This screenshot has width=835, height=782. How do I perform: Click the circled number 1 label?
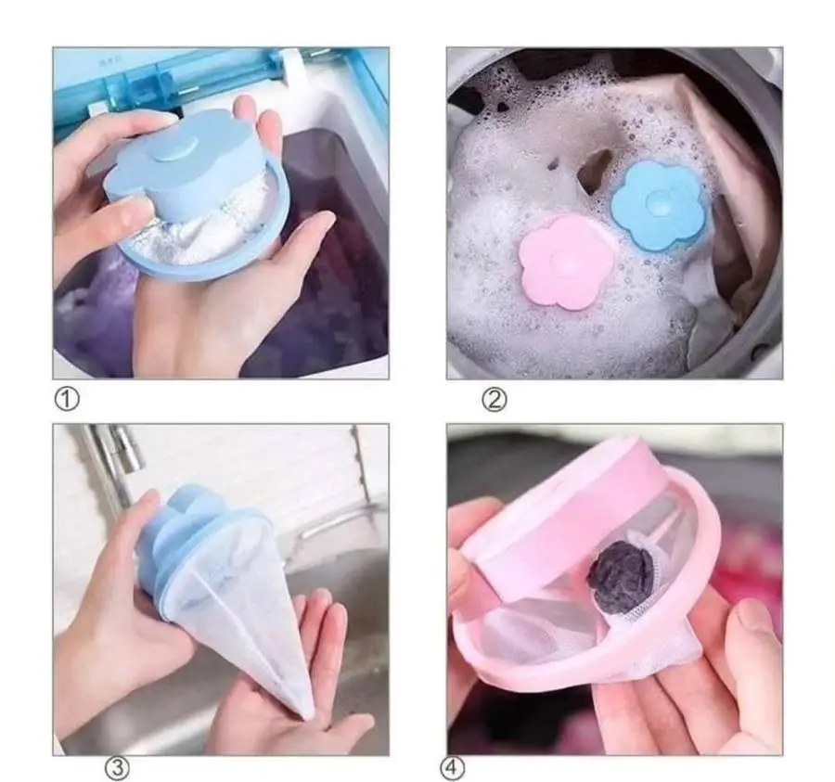[67, 399]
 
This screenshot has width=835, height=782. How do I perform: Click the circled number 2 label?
[495, 399]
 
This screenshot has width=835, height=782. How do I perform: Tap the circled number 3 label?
[117, 768]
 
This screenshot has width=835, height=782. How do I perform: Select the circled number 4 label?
[452, 768]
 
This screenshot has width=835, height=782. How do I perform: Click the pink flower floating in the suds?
[566, 263]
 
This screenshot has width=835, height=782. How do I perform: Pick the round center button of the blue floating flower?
[658, 202]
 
